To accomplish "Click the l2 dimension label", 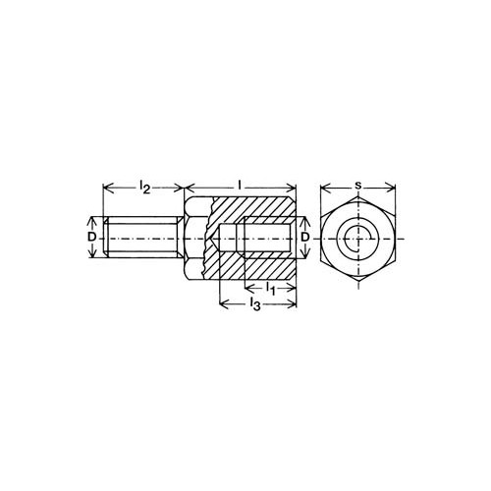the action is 144,187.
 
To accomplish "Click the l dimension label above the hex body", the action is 240,186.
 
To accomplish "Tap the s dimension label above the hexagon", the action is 358,186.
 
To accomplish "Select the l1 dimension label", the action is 270,289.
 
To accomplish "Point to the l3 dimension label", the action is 254,304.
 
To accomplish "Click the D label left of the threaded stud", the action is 92,237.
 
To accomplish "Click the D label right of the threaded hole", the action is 305,237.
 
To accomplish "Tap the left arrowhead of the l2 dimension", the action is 108,188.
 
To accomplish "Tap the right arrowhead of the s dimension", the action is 391,188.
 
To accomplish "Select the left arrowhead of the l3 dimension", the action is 224,304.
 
